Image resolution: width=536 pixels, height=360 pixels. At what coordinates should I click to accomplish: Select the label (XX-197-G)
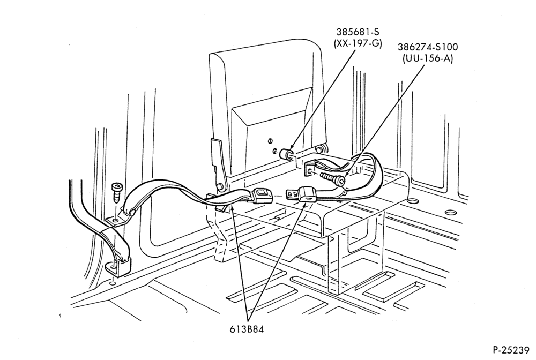point(358,44)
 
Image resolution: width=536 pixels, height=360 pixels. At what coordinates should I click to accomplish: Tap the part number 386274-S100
point(428,47)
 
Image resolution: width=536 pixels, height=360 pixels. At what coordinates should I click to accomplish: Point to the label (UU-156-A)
point(428,58)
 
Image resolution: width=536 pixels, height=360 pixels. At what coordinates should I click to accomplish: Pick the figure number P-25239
point(511,350)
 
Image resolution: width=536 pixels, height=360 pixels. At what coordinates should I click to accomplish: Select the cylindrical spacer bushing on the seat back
point(286,154)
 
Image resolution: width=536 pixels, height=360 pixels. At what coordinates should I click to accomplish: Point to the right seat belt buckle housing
point(308,195)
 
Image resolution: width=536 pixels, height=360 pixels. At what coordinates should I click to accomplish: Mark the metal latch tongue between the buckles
point(292,195)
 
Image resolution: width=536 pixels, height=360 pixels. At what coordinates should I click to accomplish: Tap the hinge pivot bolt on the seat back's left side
point(219,186)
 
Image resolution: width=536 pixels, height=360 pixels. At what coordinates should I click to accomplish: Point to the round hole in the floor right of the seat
point(451,212)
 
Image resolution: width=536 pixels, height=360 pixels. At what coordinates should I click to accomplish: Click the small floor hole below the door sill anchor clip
point(113,283)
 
